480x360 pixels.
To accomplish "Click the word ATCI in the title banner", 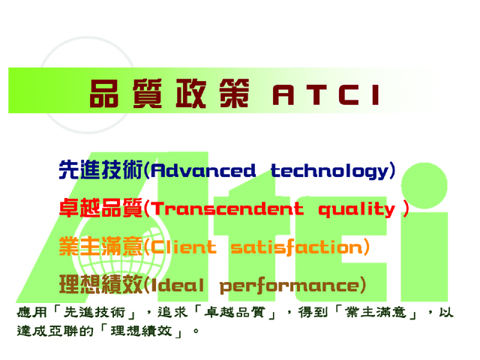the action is [x=326, y=95].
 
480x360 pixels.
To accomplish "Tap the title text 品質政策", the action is [x=169, y=93].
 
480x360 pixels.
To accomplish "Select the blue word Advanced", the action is [x=203, y=170].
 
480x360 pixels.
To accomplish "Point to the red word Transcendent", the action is [x=228, y=208].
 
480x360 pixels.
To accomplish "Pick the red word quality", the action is [x=357, y=210].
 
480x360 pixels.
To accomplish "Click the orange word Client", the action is [x=184, y=247].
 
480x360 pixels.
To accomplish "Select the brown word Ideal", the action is [x=177, y=285].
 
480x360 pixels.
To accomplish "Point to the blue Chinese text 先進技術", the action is [x=100, y=169].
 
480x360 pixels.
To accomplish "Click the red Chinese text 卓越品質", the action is [x=100, y=208].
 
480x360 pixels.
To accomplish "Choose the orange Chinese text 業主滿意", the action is [x=100, y=246].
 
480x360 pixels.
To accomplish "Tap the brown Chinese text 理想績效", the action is [x=100, y=284].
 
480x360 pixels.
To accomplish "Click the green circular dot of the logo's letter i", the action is [x=424, y=185].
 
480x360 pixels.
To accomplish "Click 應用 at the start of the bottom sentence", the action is [x=31, y=313].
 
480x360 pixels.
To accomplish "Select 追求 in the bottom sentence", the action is [x=172, y=313].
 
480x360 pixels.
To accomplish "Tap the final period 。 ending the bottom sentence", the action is [x=196, y=331].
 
